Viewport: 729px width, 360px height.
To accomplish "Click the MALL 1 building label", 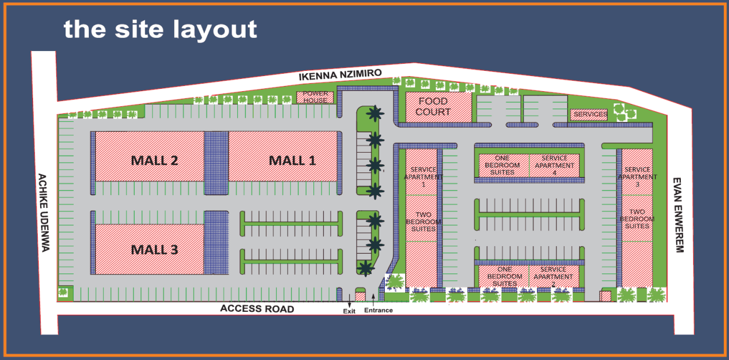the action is [x=292, y=160].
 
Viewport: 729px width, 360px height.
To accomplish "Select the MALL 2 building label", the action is [x=154, y=160].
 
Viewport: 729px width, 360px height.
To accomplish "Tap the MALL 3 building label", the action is [x=154, y=250].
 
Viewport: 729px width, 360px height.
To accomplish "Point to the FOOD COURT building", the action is [x=433, y=107].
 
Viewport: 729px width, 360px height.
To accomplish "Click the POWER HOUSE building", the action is [x=315, y=97].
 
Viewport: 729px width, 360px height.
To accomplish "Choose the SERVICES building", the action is [x=589, y=114].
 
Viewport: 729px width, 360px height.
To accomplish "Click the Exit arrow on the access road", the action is [x=349, y=302].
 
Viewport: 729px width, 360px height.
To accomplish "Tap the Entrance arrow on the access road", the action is [x=373, y=300].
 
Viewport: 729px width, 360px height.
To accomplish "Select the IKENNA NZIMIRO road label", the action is [x=340, y=75].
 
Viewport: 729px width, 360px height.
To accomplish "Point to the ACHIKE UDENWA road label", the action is [x=44, y=212].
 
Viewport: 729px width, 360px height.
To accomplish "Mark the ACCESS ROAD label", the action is [x=257, y=309].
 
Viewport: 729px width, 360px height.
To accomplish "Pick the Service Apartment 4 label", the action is [x=554, y=165].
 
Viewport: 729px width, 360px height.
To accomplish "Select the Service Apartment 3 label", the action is [x=637, y=177].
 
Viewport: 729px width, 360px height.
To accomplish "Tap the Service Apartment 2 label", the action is [x=554, y=276].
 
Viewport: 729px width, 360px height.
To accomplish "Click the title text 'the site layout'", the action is [x=160, y=29].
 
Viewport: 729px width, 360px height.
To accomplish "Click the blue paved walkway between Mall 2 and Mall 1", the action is [x=216, y=164].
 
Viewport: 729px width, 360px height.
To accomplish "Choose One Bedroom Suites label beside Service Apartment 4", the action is [x=503, y=165].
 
